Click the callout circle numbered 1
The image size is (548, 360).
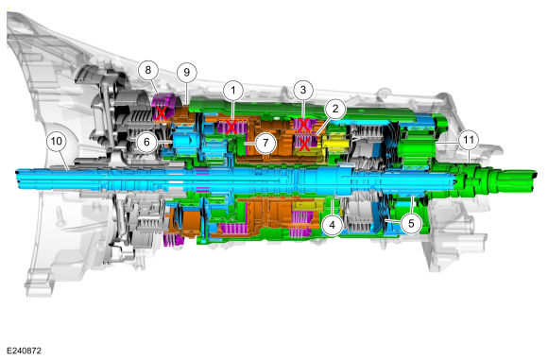point(233,91)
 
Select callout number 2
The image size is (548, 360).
point(335,109)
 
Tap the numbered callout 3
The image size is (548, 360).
point(303,90)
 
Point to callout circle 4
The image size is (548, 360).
point(332,225)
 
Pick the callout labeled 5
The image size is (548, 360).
point(411,223)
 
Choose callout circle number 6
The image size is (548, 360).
point(146,142)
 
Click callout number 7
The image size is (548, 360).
point(265,143)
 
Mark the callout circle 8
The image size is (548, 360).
point(148,70)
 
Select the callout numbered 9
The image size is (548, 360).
point(187,73)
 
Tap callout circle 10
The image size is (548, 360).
point(57,141)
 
